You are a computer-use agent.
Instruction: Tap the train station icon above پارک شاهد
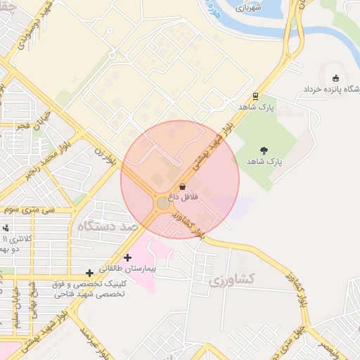click(x=255, y=96)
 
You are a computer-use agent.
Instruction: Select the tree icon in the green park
click(x=264, y=150)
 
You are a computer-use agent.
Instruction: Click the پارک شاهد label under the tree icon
click(x=264, y=161)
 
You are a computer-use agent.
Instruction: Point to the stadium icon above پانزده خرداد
click(x=335, y=78)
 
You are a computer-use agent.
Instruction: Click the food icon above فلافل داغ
click(x=183, y=187)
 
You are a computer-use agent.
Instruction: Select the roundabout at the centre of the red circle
click(x=162, y=203)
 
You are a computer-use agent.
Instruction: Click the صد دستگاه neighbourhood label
click(x=108, y=226)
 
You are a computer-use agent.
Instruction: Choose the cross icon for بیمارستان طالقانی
click(x=127, y=257)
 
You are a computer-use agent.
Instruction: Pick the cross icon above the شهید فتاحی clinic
click(x=89, y=272)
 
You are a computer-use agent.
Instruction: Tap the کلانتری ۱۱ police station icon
click(x=6, y=228)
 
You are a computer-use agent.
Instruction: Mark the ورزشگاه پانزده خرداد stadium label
click(x=330, y=90)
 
